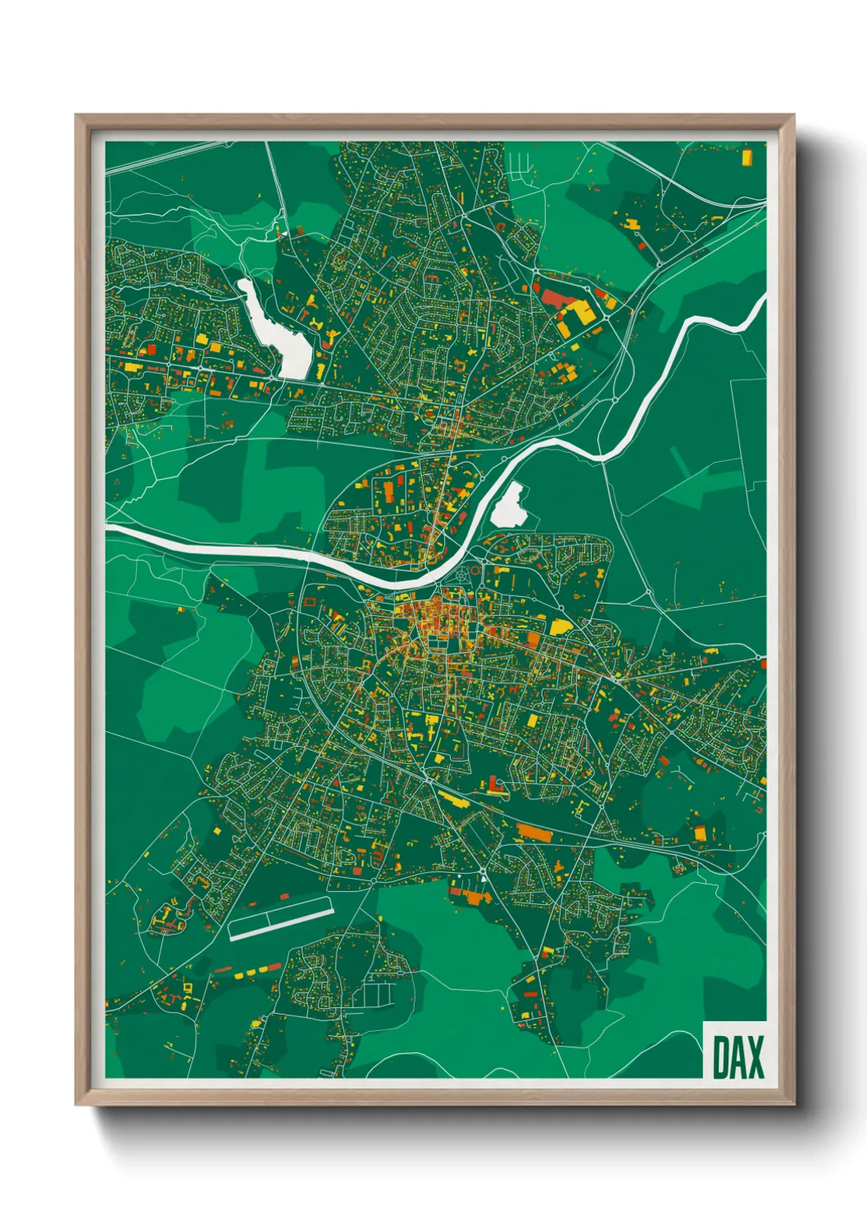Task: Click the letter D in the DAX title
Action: click(x=719, y=1057)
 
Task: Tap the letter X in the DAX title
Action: click(x=755, y=1057)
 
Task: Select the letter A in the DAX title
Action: click(x=737, y=1057)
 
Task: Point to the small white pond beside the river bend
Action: click(x=510, y=505)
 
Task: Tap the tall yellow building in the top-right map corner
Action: click(x=746, y=156)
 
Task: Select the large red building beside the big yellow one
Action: click(x=557, y=296)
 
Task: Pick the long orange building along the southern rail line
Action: click(x=535, y=833)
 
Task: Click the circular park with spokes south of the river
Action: click(x=464, y=575)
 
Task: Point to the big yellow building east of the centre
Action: click(x=561, y=627)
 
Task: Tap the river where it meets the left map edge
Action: click(x=112, y=531)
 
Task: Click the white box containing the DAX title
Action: click(x=735, y=1051)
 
